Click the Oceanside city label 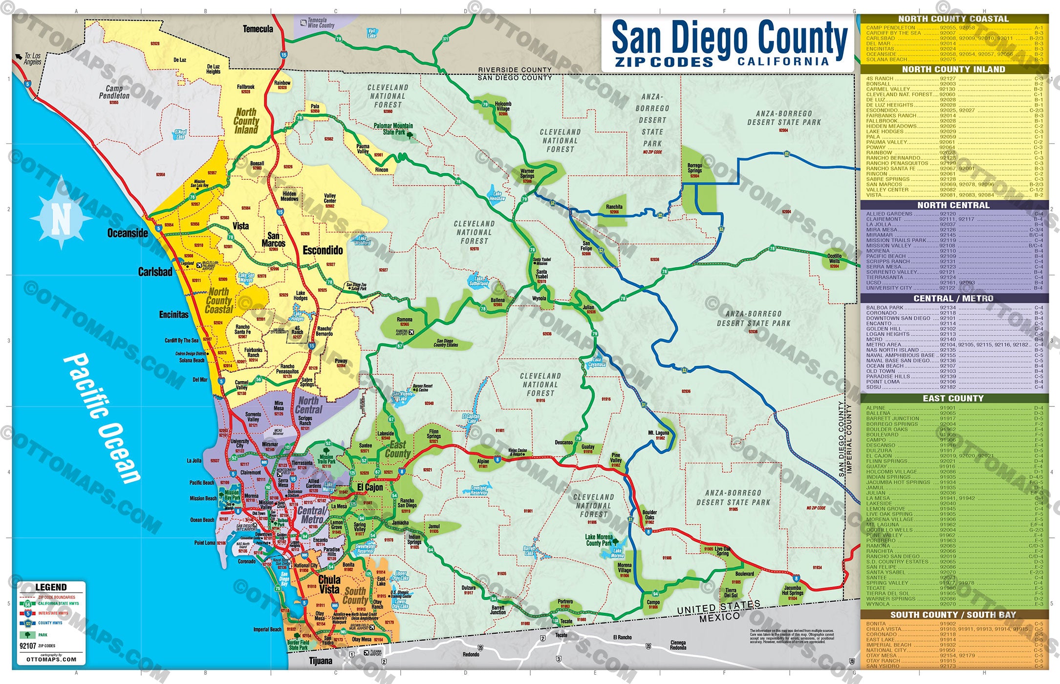[x=127, y=233]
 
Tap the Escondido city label [x=323, y=250]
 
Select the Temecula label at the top [x=258, y=29]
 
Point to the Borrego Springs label [x=694, y=168]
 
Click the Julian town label [x=588, y=308]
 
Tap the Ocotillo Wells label [x=834, y=258]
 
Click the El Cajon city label [x=370, y=487]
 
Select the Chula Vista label [x=329, y=584]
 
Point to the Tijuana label [x=321, y=661]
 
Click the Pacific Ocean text [x=102, y=419]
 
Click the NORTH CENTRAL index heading [x=953, y=205]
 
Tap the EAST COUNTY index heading [x=953, y=399]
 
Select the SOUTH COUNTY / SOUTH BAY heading [x=953, y=615]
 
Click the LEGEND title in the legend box [x=51, y=587]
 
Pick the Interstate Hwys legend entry [x=53, y=613]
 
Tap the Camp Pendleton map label [x=114, y=92]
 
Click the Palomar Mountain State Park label [x=393, y=128]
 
